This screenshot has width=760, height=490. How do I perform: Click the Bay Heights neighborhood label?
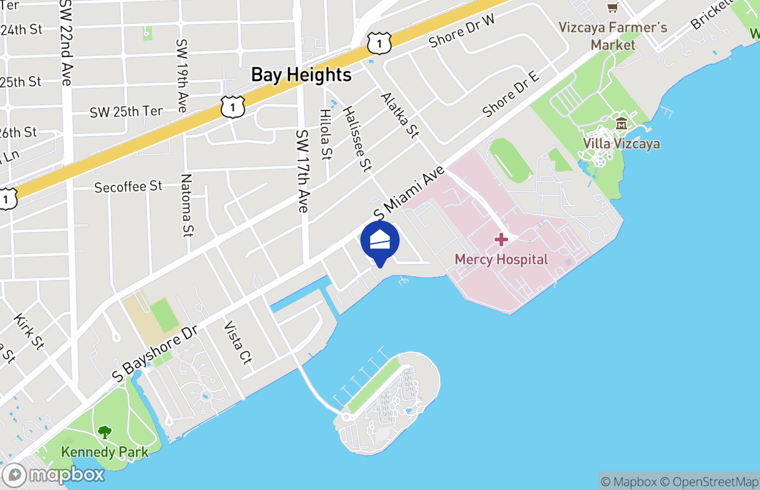pyautogui.click(x=301, y=75)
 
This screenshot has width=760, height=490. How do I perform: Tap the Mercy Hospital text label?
pyautogui.click(x=501, y=259)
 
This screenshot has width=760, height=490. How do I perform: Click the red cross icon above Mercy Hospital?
pyautogui.click(x=501, y=239)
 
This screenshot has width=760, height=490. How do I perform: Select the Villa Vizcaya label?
pyautogui.click(x=621, y=144)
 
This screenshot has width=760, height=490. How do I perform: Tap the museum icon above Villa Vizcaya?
pyautogui.click(x=621, y=124)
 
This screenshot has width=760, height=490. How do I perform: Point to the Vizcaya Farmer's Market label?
pyautogui.click(x=612, y=36)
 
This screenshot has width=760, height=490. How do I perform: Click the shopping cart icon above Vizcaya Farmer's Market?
pyautogui.click(x=612, y=7)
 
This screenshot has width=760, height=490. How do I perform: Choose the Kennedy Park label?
pyautogui.click(x=105, y=452)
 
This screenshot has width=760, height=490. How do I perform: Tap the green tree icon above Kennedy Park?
pyautogui.click(x=105, y=432)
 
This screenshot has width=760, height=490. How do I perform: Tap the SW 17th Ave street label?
pyautogui.click(x=302, y=171)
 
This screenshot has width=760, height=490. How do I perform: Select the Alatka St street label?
pyautogui.click(x=399, y=115)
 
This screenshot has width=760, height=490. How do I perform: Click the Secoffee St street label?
pyautogui.click(x=128, y=186)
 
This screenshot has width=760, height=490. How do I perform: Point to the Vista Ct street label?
pyautogui.click(x=238, y=342)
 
